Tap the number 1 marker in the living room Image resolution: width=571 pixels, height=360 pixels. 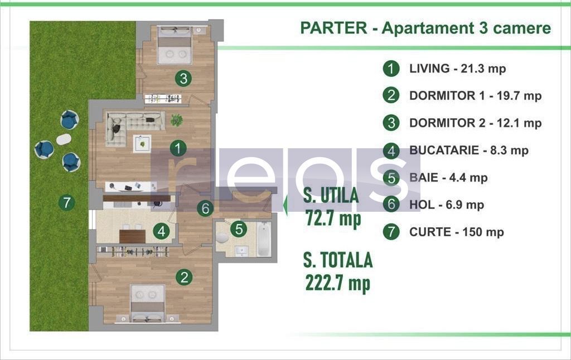(x=178, y=148)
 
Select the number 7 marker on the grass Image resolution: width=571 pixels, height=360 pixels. (x=66, y=202)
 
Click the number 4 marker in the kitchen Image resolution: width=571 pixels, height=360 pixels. (x=162, y=231)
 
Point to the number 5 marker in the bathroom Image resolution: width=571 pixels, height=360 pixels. (x=239, y=228)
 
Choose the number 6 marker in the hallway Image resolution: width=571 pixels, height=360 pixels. (x=206, y=208)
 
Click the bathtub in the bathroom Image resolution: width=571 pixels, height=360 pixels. (x=264, y=240)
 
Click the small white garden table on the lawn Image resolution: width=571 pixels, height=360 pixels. (x=64, y=139)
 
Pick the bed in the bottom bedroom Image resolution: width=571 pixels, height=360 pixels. (x=148, y=303)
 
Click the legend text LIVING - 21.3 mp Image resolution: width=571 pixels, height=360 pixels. (x=457, y=69)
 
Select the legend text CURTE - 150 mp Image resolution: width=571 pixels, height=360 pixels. (x=456, y=232)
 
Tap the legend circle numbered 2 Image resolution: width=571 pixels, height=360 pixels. (x=391, y=95)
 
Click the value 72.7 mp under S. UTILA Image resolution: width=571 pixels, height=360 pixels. (x=333, y=218)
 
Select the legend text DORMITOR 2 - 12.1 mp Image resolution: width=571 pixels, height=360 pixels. (x=475, y=123)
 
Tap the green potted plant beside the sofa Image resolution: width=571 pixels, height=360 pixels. (x=176, y=119)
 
